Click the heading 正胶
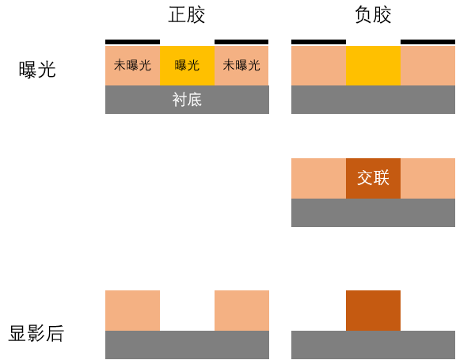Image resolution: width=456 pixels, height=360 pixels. [187, 15]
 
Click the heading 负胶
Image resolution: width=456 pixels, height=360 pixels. [373, 15]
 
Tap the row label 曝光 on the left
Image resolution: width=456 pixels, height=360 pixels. [37, 70]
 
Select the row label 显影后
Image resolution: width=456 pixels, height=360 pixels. [36, 333]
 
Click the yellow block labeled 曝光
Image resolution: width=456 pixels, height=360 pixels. [187, 66]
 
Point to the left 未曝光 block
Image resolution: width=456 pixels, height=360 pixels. [133, 66]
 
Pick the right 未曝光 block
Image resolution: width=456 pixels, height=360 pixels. [241, 66]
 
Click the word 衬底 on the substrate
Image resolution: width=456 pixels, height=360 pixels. [187, 100]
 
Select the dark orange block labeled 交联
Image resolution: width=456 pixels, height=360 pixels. [373, 178]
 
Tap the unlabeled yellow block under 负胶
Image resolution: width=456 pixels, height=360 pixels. [373, 66]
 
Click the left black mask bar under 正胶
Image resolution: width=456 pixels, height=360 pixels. [133, 42]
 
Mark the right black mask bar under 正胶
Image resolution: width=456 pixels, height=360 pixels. [241, 42]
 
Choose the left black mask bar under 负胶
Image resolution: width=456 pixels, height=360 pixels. [319, 42]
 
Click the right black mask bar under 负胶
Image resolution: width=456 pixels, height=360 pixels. [427, 42]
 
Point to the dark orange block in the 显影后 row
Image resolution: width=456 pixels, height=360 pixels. [373, 310]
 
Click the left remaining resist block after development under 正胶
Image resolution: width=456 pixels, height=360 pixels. [133, 310]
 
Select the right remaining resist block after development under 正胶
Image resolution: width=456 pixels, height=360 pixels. [241, 310]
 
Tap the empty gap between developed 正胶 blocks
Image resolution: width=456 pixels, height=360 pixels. [188, 310]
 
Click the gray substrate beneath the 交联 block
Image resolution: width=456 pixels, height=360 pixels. [373, 213]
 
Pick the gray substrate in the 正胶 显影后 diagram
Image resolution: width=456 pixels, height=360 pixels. [187, 345]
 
